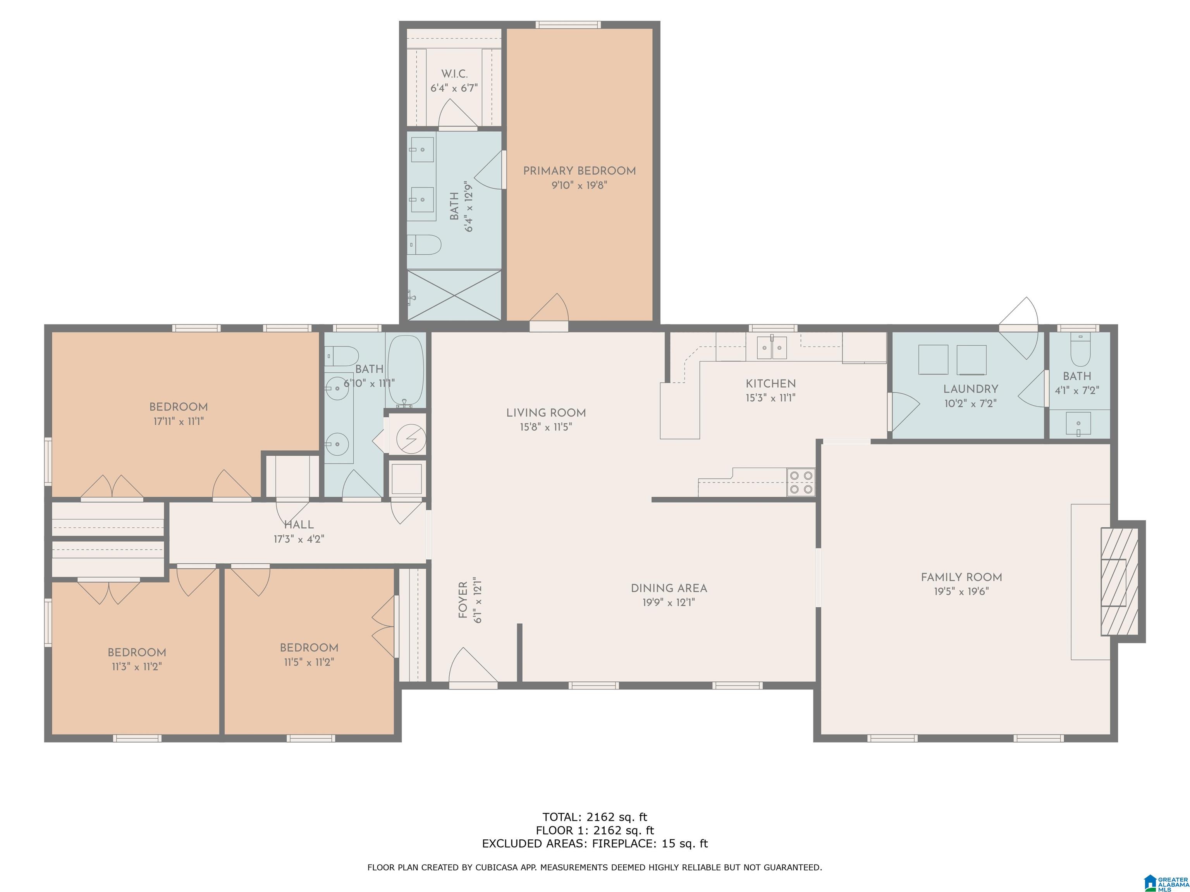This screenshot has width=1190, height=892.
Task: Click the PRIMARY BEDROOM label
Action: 580,171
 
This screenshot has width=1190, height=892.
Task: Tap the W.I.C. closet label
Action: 455,74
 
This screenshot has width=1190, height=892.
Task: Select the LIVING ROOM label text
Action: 546,413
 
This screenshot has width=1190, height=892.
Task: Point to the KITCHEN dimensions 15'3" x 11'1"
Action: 771,398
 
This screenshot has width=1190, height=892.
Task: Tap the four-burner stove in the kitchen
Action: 801,482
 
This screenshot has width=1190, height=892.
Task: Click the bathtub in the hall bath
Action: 406,371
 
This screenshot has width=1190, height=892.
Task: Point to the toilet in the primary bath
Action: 424,245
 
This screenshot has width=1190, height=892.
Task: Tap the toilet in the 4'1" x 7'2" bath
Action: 1080,350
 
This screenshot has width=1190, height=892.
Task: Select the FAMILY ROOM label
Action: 961,578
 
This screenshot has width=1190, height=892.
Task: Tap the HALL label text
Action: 299,525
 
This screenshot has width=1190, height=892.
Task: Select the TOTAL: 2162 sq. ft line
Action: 595,817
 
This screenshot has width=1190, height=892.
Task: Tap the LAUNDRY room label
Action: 970,389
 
